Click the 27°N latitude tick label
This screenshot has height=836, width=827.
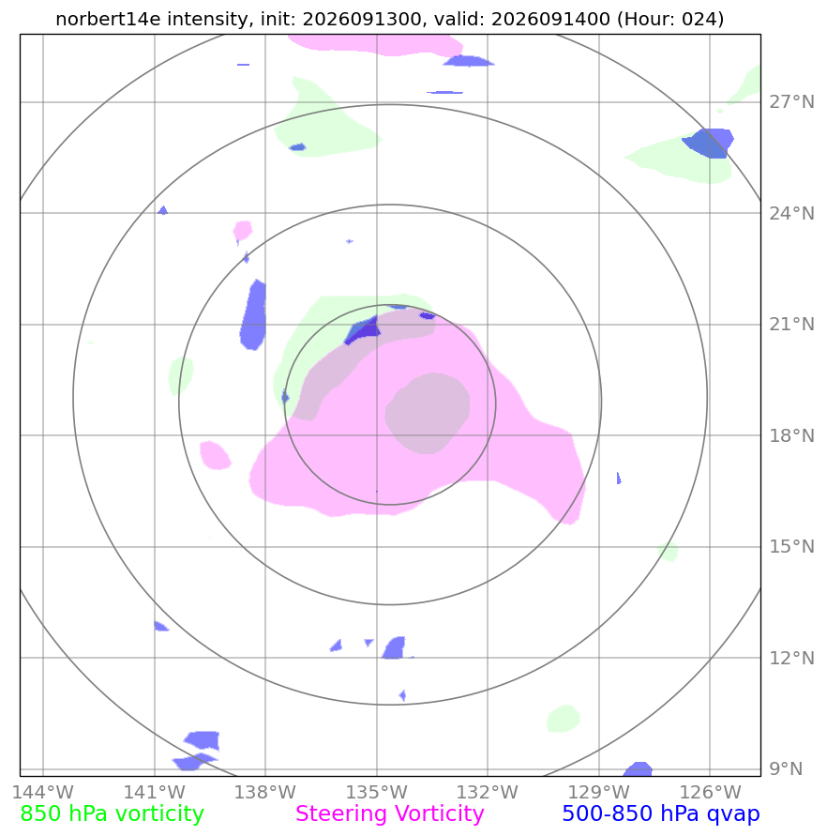[x=791, y=101]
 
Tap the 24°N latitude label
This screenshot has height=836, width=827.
[x=791, y=213]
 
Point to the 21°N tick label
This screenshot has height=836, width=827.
[x=791, y=324]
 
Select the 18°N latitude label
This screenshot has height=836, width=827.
[x=791, y=435]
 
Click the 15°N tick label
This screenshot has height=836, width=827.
[x=791, y=546]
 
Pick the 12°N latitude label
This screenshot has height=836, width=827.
[x=791, y=658]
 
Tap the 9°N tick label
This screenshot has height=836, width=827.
[x=786, y=768]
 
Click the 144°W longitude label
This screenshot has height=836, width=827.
[x=43, y=792]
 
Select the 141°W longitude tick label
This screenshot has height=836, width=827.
[x=155, y=792]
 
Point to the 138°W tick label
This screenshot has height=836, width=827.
[x=265, y=792]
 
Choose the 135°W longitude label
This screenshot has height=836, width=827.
[x=377, y=792]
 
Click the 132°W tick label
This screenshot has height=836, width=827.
[x=488, y=792]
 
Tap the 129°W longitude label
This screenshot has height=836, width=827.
[x=599, y=792]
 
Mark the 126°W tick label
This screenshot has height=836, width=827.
[x=710, y=792]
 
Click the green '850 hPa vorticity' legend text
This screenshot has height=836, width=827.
[x=112, y=814]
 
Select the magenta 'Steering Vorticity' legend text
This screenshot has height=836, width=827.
[x=389, y=814]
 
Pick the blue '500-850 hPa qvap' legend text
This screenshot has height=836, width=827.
[x=661, y=814]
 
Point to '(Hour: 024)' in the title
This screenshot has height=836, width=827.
[x=669, y=19]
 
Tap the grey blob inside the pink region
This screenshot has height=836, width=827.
[x=428, y=413]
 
